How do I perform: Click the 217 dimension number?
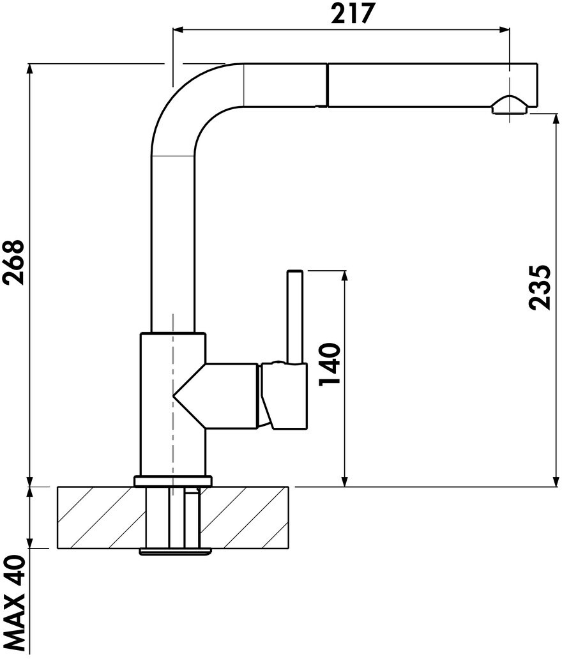pos(352,13)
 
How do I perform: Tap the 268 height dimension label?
pos(14,262)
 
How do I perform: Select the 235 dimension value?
pos(539,287)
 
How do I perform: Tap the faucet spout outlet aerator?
pos(510,105)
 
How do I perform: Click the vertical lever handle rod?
pos(294,316)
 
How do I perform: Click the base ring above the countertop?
pos(173,481)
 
